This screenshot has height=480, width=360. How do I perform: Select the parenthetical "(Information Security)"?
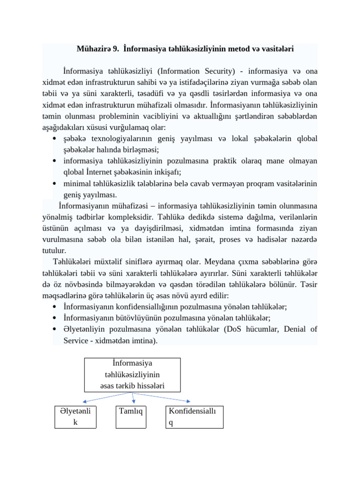pyautogui.click(x=196, y=72)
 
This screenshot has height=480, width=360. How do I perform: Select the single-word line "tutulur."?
pyautogui.click(x=54, y=251)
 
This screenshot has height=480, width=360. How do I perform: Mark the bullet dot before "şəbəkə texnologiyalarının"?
pyautogui.click(x=55, y=139)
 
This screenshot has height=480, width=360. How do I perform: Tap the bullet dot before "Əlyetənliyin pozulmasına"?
pyautogui.click(x=55, y=330)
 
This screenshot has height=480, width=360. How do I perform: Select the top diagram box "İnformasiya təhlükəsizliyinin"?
pyautogui.click(x=133, y=375)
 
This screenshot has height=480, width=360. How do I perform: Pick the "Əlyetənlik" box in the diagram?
pyautogui.click(x=75, y=417)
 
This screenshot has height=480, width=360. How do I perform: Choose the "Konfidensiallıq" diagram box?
pyautogui.click(x=195, y=417)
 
